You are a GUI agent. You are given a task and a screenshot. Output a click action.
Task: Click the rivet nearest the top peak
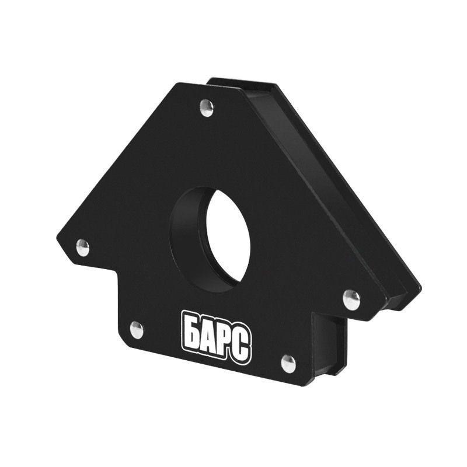coord(207,108)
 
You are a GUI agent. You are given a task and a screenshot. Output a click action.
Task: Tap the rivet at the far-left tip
coord(82,248)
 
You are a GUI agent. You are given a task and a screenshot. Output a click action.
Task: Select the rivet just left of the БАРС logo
coord(137,330)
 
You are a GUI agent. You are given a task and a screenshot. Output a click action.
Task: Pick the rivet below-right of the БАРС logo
coord(288,363)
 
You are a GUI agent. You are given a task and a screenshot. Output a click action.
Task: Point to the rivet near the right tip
coord(352,299)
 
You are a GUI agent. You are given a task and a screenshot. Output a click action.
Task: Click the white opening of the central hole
coord(228,235)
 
